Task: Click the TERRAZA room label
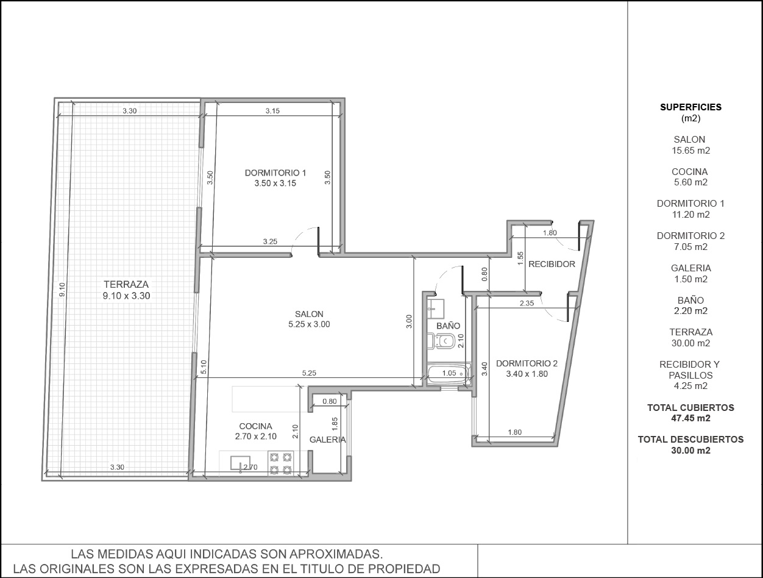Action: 126,285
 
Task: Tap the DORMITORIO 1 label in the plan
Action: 275,173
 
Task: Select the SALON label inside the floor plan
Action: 309,314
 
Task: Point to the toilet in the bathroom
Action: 441,341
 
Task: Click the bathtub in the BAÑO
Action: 449,374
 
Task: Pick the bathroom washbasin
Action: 436,308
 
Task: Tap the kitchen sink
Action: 240,463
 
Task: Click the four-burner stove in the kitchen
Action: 280,463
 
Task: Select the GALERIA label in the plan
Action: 327,440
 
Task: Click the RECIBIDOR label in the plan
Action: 552,264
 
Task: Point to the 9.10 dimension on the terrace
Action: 62,290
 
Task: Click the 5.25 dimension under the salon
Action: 309,373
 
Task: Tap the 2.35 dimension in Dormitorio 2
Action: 527,303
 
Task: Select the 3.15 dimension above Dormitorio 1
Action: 272,111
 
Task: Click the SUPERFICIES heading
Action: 690,107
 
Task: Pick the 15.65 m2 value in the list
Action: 690,151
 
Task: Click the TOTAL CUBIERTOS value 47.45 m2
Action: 690,418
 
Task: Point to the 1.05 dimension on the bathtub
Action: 449,373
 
